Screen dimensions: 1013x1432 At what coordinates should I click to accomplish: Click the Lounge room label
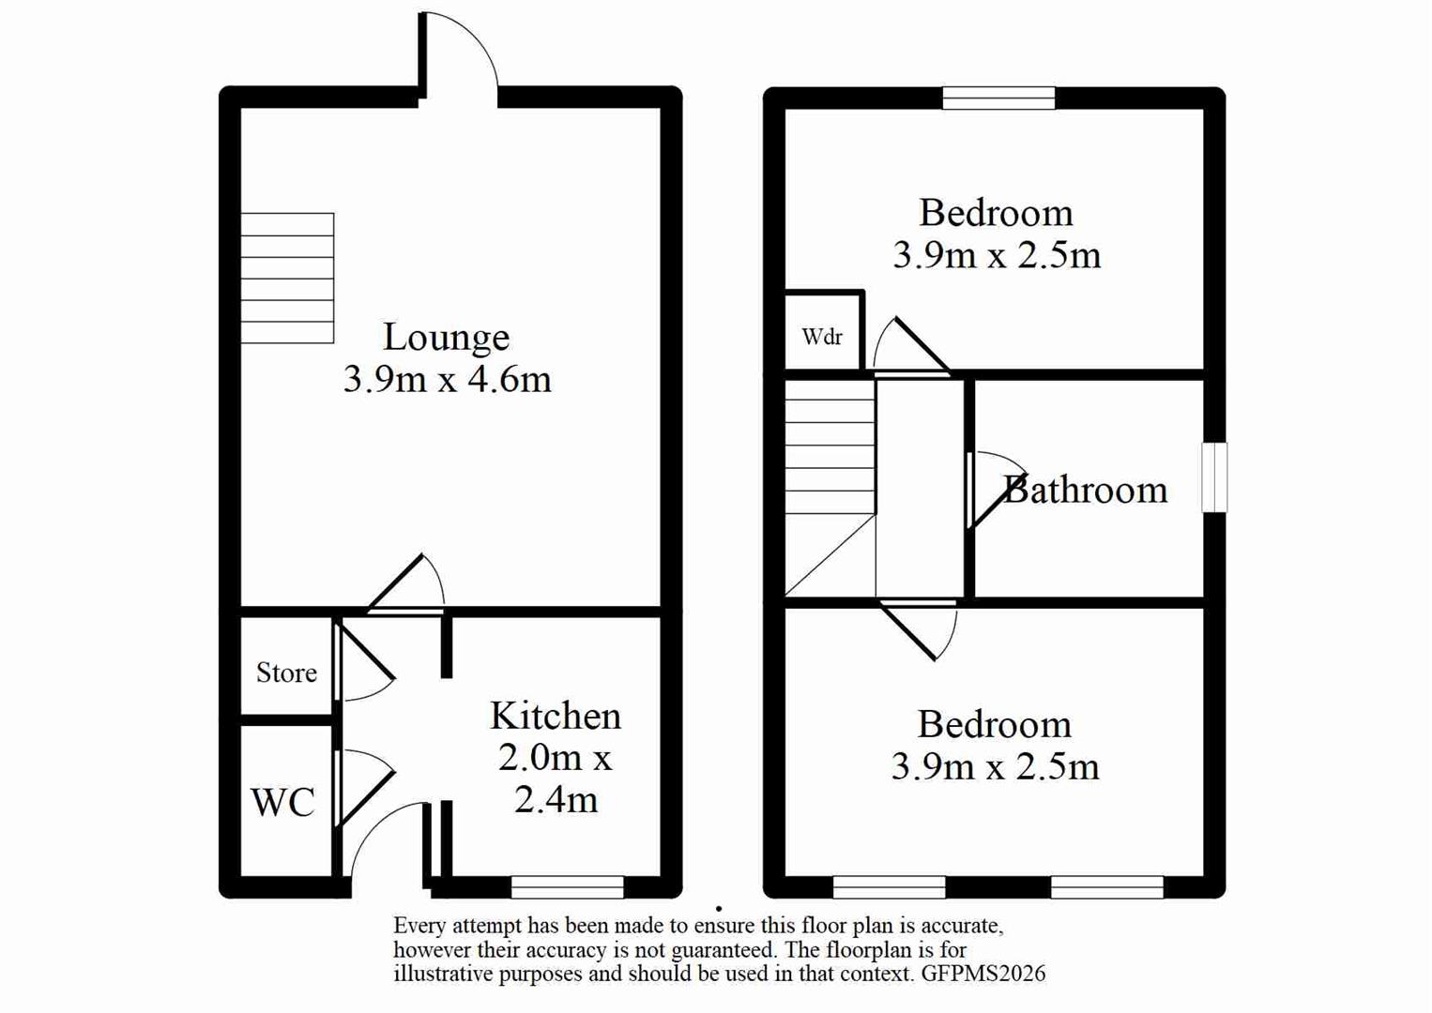[x=446, y=337]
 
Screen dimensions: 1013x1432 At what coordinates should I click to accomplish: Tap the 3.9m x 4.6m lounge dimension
[x=447, y=379]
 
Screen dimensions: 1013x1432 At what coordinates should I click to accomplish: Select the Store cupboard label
[x=286, y=673]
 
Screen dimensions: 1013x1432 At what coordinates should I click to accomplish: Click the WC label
[x=282, y=803]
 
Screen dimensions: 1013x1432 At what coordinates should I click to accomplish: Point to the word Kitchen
[x=555, y=717]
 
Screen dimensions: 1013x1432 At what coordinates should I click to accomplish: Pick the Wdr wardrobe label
[x=822, y=337]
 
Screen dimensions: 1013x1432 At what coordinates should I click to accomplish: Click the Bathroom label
[x=1085, y=490]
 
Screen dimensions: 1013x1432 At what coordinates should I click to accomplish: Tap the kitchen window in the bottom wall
[x=567, y=886]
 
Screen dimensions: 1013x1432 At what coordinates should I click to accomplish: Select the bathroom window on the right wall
[x=1214, y=477]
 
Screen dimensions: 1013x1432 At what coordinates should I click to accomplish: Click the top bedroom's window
[x=998, y=98]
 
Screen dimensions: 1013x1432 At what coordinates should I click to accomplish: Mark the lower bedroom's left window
[x=889, y=886]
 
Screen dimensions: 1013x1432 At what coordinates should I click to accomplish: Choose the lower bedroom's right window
[x=1106, y=886]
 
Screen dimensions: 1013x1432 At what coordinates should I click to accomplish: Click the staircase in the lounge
[x=287, y=279]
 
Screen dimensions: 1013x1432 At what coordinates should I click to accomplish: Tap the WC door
[x=364, y=786]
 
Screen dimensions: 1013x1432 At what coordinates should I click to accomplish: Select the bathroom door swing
[x=995, y=488]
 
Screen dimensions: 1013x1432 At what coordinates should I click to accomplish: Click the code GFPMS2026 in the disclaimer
[x=983, y=974]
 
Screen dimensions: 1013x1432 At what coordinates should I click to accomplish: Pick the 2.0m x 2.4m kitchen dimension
[x=555, y=779]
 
